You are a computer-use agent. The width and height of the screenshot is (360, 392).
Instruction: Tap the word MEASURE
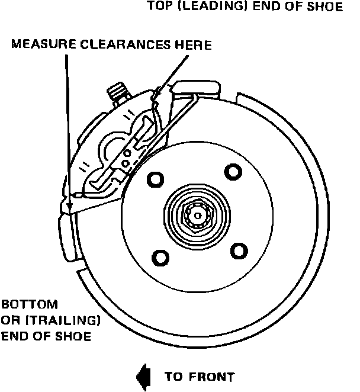37,45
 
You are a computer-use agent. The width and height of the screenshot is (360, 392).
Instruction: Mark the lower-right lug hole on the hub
238,250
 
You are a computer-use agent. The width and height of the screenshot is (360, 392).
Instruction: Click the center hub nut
195,215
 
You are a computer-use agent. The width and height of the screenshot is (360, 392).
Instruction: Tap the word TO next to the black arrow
172,376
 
